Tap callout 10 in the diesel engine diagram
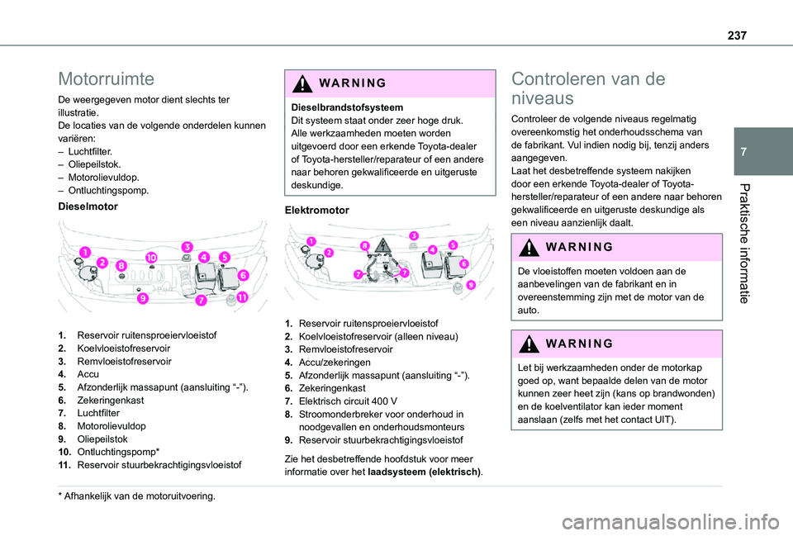(x=152, y=259)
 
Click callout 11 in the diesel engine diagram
(x=243, y=296)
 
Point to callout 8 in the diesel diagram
(x=121, y=266)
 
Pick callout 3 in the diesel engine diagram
(x=188, y=247)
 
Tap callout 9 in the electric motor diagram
(x=470, y=284)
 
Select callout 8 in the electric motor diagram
(x=364, y=244)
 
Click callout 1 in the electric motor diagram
(x=311, y=240)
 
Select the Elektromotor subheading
(x=316, y=211)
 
